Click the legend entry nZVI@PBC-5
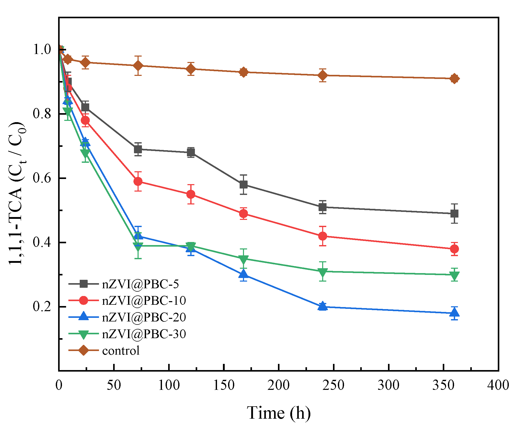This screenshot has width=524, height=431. [x=140, y=284]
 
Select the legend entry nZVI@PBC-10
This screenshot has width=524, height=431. [x=144, y=300]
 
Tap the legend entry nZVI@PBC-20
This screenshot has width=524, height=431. [x=144, y=317]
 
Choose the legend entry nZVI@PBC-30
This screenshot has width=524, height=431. [x=144, y=334]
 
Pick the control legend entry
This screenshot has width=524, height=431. [x=121, y=351]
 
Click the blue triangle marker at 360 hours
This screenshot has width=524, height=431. [x=454, y=313]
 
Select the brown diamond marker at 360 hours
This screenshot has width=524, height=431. [x=454, y=79]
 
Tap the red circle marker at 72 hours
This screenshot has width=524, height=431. [x=138, y=182]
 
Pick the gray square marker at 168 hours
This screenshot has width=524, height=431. [x=243, y=185]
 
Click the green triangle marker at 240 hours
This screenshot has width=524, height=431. [x=322, y=272]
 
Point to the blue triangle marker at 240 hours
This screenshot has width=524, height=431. [x=322, y=306]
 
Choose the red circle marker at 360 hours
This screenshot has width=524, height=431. [x=454, y=249]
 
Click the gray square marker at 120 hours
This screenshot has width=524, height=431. [x=191, y=152]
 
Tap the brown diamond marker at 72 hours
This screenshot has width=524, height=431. [x=138, y=66]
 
